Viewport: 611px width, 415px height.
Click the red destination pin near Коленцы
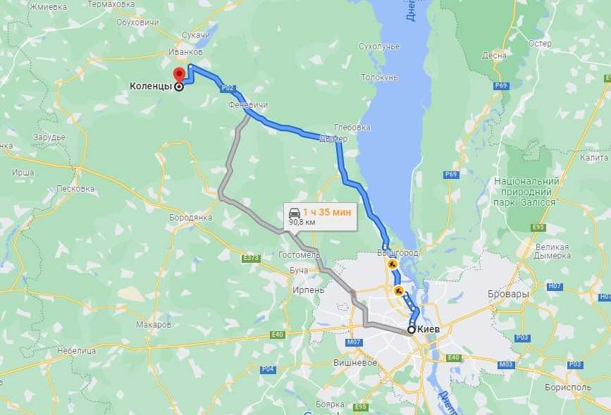pyautogui.click(x=179, y=74)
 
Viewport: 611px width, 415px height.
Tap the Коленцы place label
pyautogui.click(x=150, y=87)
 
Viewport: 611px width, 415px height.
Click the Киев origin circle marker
pyautogui.click(x=411, y=329)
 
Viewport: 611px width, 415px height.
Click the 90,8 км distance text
pyautogui.click(x=302, y=222)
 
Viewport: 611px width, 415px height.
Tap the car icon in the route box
pyautogui.click(x=294, y=211)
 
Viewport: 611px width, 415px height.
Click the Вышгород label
pyautogui.click(x=398, y=252)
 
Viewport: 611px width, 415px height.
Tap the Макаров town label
pyautogui.click(x=153, y=325)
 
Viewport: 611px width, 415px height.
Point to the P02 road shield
pyautogui.click(x=227, y=89)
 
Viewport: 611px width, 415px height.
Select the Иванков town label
pyautogui.click(x=186, y=52)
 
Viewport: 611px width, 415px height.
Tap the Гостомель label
pyautogui.click(x=300, y=254)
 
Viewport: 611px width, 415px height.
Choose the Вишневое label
pyautogui.click(x=354, y=362)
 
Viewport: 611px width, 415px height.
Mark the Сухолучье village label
pyautogui.click(x=378, y=47)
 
